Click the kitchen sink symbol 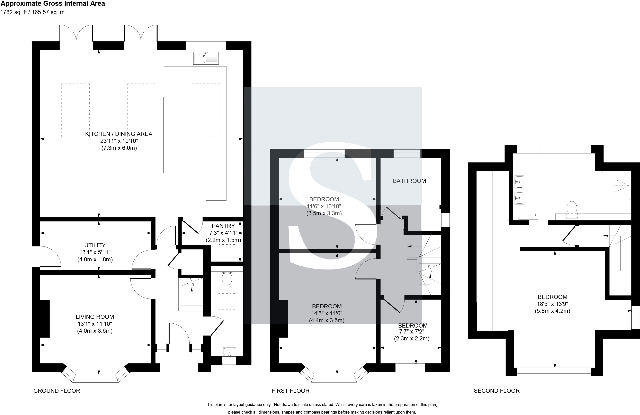(206, 58)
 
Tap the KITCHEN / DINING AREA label (119, 134)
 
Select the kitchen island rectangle (181, 135)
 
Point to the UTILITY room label (95, 245)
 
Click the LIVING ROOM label (95, 317)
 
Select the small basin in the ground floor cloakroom (229, 352)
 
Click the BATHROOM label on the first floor (409, 181)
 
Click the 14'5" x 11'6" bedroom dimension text (327, 313)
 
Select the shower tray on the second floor (616, 186)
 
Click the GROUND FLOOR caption (57, 391)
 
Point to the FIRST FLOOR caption (290, 391)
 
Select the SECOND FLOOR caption (497, 391)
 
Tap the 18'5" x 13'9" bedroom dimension (552, 304)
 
